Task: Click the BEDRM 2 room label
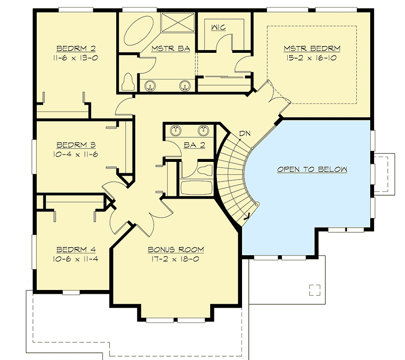click(77, 48)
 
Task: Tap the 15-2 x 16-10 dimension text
click(312, 58)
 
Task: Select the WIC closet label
click(218, 27)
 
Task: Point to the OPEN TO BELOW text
click(312, 169)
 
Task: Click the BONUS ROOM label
click(176, 250)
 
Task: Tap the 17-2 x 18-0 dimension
click(176, 260)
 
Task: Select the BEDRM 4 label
click(76, 250)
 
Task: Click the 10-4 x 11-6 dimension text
click(77, 154)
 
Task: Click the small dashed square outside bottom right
click(314, 290)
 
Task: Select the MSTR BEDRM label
click(312, 48)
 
